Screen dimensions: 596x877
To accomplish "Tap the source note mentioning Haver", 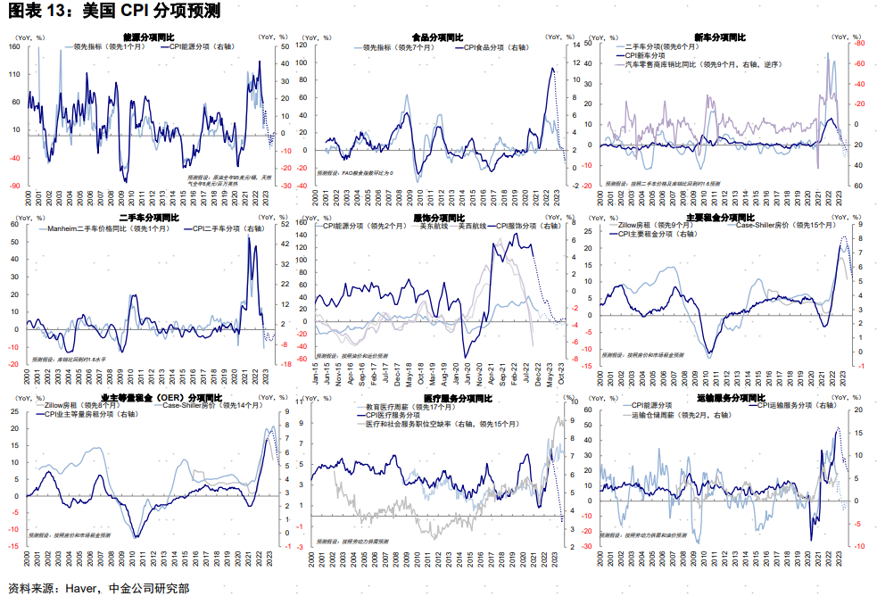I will pyautogui.click(x=99, y=587).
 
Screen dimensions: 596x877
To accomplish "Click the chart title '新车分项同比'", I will pyautogui.click(x=721, y=37).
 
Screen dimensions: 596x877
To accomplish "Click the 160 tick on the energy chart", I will pyautogui.click(x=15, y=46).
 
